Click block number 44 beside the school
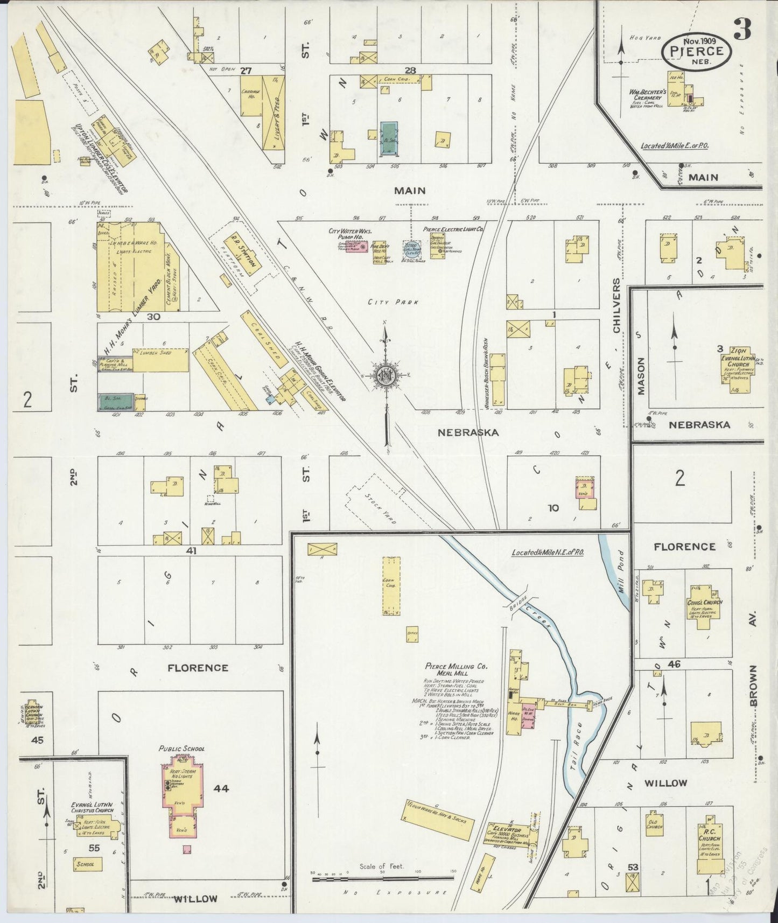tap(221, 789)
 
